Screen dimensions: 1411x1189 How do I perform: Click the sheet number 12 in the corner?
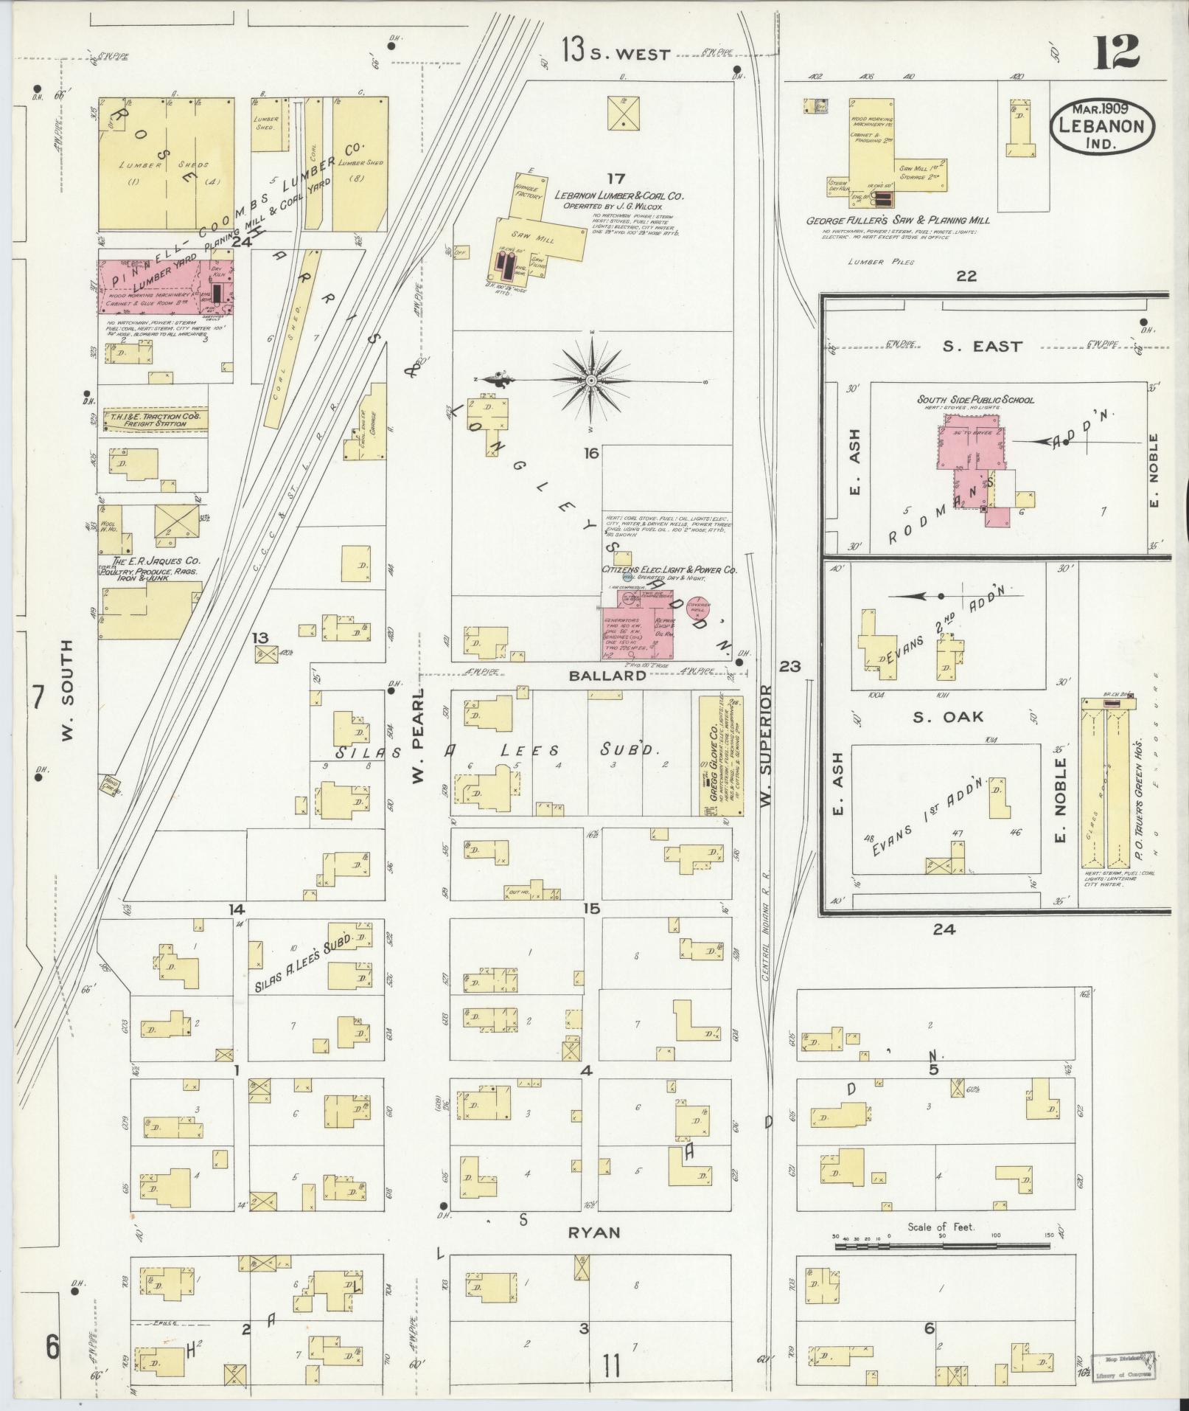(1117, 52)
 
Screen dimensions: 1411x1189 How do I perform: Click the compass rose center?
(591, 380)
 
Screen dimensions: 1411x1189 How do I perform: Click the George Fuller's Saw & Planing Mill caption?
(897, 220)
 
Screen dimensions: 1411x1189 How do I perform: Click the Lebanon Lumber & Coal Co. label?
(620, 196)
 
